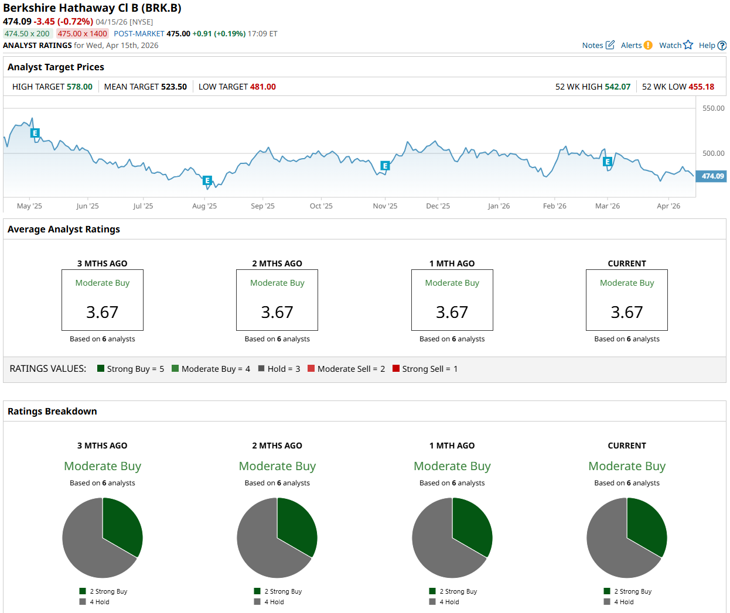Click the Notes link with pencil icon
tap(598, 45)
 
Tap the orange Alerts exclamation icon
tap(648, 45)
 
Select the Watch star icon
tap(688, 45)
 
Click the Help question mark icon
tap(722, 45)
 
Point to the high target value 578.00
tap(79, 87)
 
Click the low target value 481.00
tap(262, 87)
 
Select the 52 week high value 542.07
tap(618, 87)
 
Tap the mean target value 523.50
tap(174, 87)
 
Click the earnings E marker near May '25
tap(35, 133)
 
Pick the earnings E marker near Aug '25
tap(207, 180)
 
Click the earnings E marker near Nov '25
tap(385, 166)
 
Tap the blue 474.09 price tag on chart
tap(712, 176)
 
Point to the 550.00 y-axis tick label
tap(713, 108)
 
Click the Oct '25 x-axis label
tap(321, 206)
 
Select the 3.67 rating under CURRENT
tap(627, 312)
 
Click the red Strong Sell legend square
tap(396, 368)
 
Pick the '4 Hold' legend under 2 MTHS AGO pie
tap(274, 602)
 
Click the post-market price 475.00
tap(178, 33)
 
